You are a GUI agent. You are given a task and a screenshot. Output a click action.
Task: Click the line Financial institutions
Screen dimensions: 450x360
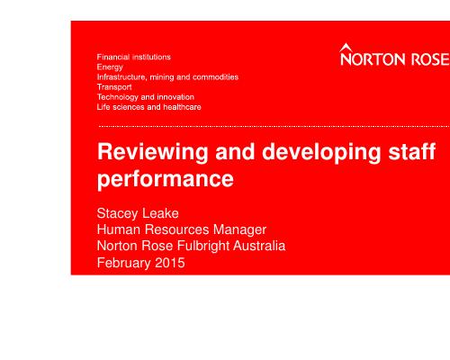click(x=134, y=57)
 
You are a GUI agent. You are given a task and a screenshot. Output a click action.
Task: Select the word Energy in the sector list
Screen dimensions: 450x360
click(x=110, y=67)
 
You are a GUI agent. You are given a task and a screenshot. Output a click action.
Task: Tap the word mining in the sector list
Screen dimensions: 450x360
click(x=162, y=77)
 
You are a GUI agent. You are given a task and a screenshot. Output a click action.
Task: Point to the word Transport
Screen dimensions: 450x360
click(x=114, y=87)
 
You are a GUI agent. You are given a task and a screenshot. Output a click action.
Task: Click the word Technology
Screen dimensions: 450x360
click(x=118, y=97)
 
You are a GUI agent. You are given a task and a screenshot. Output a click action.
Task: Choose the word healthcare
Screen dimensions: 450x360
click(x=182, y=107)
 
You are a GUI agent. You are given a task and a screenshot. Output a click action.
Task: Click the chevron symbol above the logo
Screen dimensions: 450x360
click(x=346, y=48)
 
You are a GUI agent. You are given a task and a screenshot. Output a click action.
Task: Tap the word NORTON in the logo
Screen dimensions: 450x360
click(x=373, y=58)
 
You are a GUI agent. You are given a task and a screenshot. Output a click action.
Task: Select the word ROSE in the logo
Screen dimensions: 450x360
click(x=430, y=58)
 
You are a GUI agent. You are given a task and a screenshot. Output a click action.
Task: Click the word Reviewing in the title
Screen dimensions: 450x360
click(x=153, y=152)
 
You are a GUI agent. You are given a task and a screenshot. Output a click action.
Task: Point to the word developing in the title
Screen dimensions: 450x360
click(x=321, y=152)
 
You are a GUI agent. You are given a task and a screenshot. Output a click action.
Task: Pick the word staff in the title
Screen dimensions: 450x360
click(x=412, y=151)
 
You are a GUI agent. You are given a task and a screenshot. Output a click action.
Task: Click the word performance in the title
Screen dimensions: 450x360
click(x=166, y=180)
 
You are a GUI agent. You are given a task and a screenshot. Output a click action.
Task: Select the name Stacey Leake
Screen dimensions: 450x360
click(x=138, y=213)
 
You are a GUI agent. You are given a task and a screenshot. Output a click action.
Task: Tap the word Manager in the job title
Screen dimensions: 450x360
click(x=239, y=229)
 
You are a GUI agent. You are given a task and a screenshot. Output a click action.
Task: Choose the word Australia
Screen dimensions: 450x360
click(x=259, y=246)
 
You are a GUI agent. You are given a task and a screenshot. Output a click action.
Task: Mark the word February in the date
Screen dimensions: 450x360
click(x=124, y=263)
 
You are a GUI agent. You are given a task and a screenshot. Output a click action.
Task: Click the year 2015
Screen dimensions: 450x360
click(x=170, y=263)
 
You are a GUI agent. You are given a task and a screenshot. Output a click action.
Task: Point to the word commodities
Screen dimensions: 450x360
click(x=215, y=77)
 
